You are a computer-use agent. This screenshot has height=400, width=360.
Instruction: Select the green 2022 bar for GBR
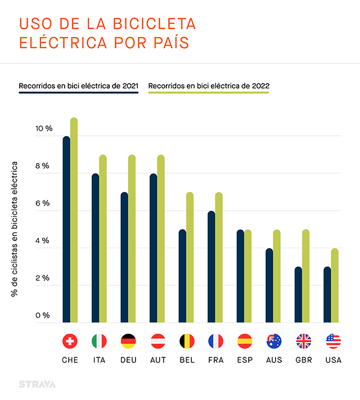point(305,276)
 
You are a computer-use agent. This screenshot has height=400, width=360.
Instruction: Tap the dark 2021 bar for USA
point(327,294)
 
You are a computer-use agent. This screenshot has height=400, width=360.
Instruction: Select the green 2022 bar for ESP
point(247,276)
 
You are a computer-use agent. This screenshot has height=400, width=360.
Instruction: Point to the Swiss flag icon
point(70,341)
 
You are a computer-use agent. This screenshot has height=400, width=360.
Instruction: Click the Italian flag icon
point(99,341)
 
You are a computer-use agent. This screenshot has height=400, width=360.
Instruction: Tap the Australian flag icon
point(274,341)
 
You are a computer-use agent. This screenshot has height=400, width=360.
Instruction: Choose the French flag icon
point(216,341)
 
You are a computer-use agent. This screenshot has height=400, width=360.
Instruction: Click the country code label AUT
point(157,360)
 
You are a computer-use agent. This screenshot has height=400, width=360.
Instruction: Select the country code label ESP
point(245,360)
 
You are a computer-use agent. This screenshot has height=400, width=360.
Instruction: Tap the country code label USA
point(333,360)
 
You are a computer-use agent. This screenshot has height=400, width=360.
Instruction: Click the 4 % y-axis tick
point(45,240)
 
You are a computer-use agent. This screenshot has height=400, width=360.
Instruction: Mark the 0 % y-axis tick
point(45,315)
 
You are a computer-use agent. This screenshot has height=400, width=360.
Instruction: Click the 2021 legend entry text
point(78,86)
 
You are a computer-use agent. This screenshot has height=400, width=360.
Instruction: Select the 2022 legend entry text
point(208,86)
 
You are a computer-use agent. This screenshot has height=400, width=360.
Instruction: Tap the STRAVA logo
point(38,384)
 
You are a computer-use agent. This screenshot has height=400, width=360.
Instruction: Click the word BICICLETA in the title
point(147,24)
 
